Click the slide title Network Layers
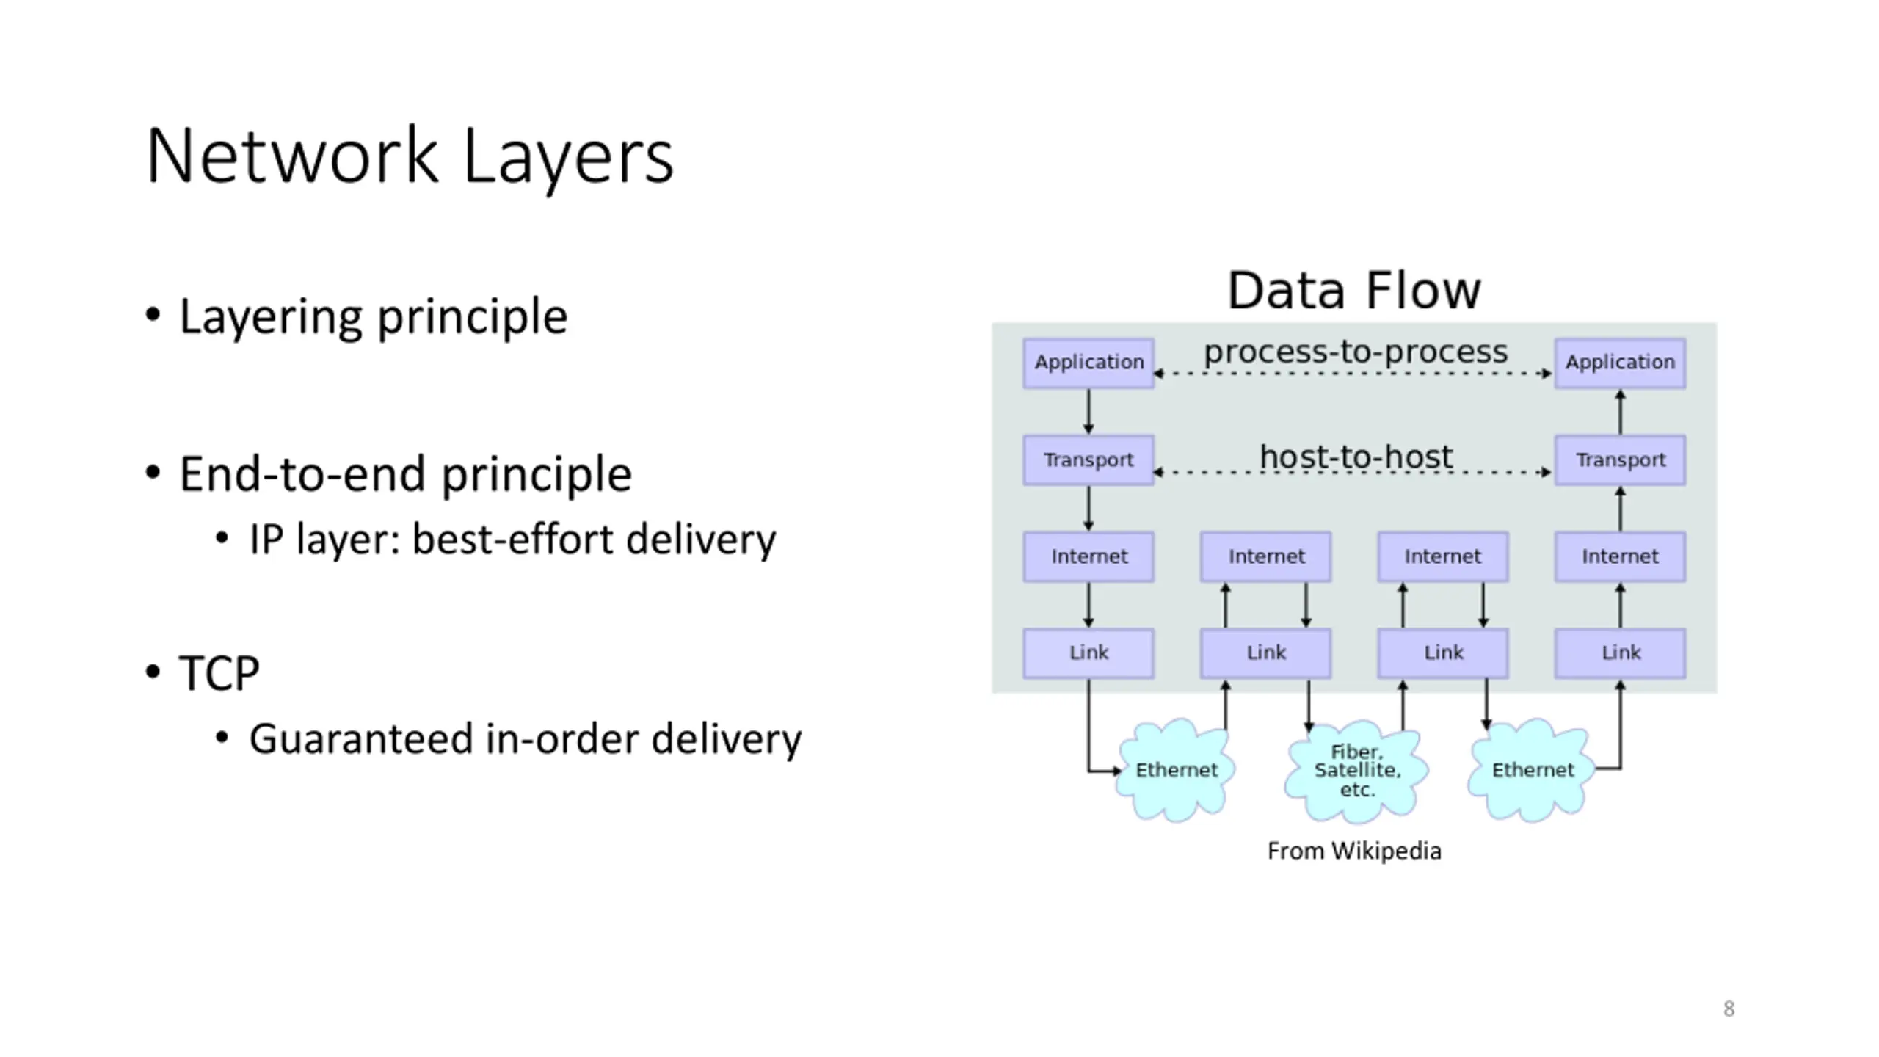[410, 156]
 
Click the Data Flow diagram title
[1354, 291]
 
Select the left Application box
[1088, 363]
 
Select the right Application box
[1620, 363]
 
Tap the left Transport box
[1088, 460]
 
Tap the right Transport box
[1620, 460]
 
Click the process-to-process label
[1355, 352]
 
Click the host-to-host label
[1356, 457]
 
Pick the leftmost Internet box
[1088, 556]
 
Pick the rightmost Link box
[1620, 653]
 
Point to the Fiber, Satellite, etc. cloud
[1357, 771]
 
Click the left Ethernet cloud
[1176, 770]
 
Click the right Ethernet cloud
[1533, 770]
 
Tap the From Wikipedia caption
[1354, 851]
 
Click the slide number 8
[1729, 1009]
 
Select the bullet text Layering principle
[373, 316]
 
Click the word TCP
[219, 672]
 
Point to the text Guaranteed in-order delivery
[525, 738]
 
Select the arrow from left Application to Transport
[1088, 411]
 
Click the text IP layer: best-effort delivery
[512, 540]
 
